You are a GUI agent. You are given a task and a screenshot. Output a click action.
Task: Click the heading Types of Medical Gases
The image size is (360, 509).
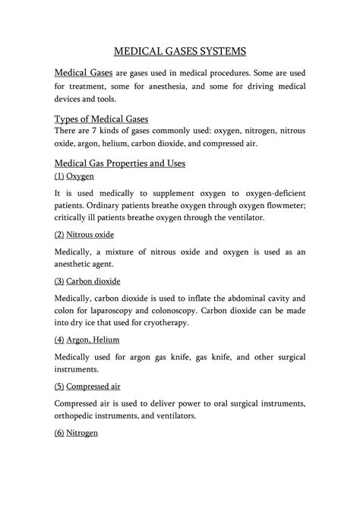pos(102,119)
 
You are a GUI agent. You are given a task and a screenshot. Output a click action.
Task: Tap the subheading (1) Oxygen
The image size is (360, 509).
pos(74,175)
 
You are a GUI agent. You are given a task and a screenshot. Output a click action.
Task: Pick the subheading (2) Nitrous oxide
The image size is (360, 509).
pos(84,235)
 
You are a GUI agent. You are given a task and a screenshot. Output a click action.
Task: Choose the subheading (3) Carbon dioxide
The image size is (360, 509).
pos(87,280)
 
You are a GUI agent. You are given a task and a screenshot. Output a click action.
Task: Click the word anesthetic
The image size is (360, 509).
pos(84,266)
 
